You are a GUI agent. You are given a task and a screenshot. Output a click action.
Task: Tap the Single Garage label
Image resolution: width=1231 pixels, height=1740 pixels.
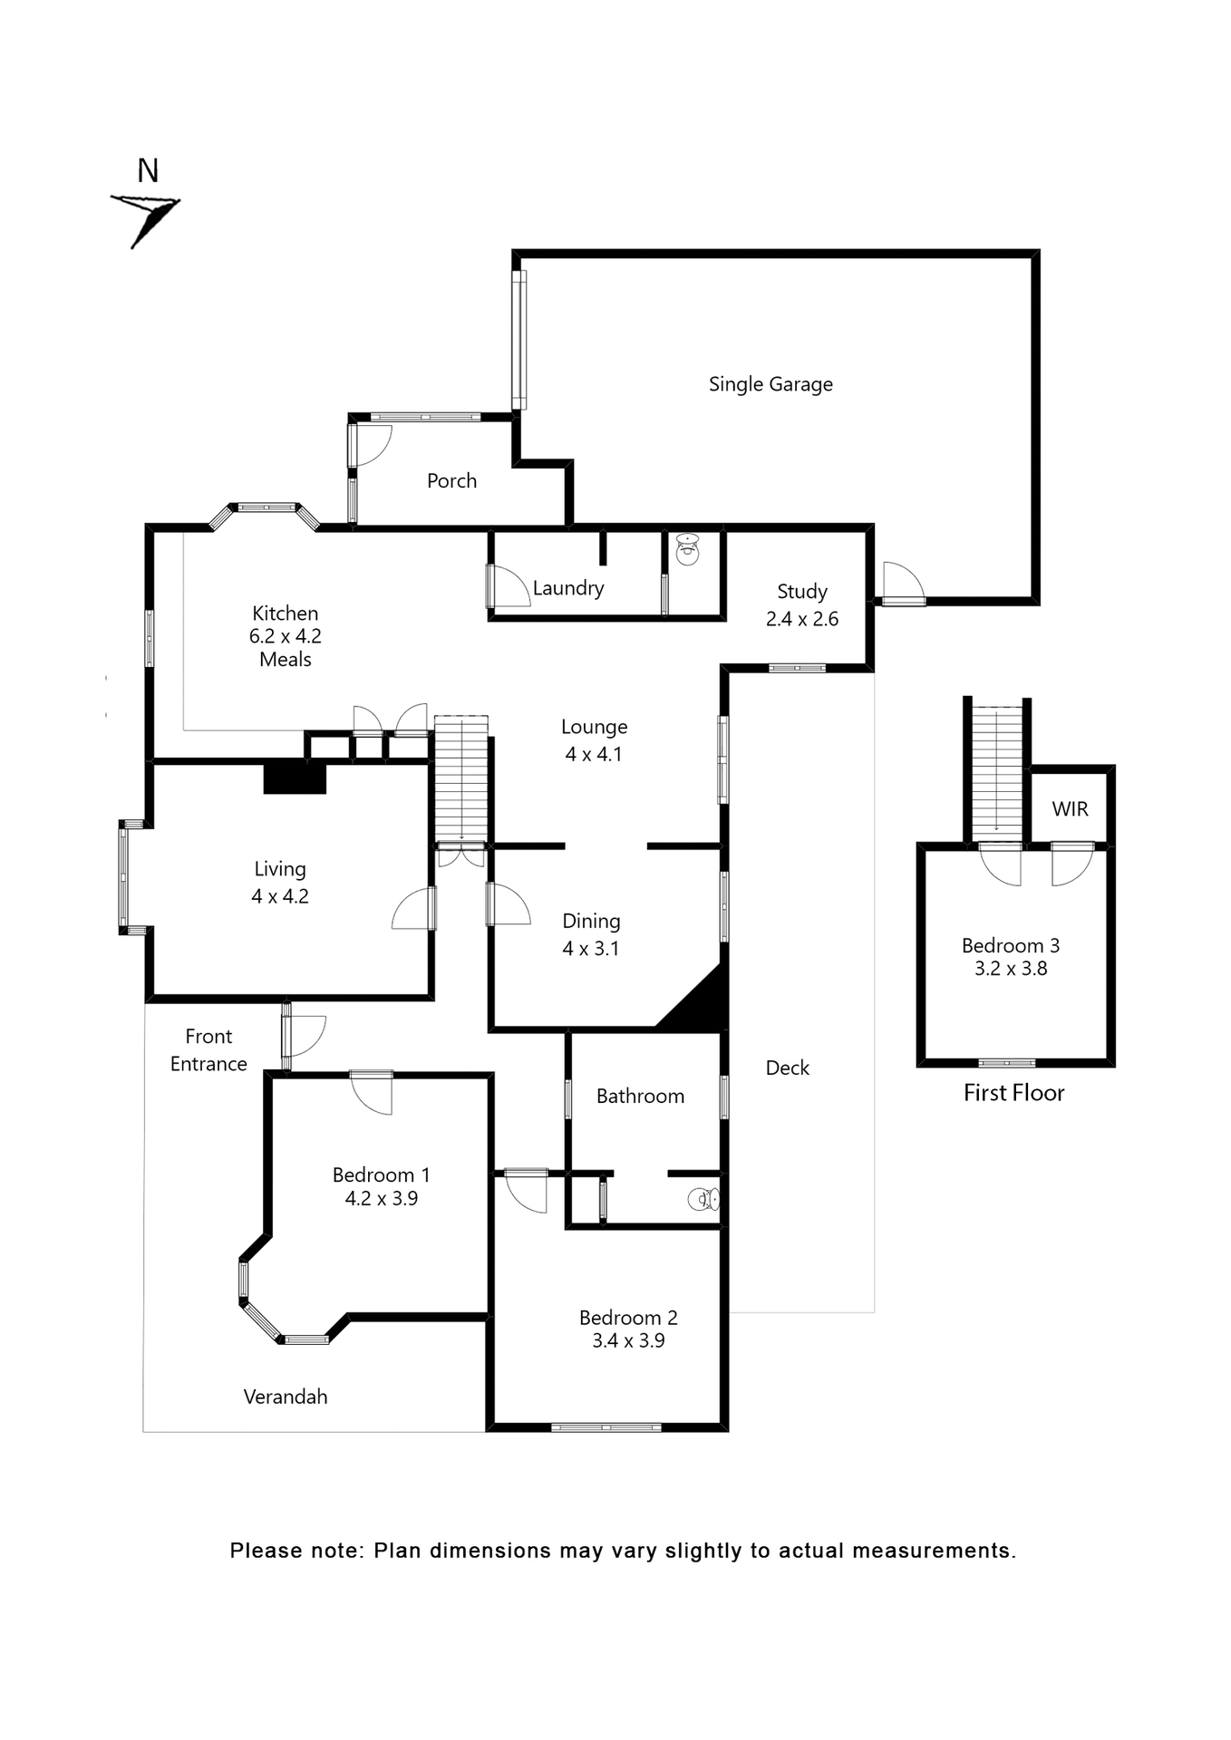pyautogui.click(x=771, y=384)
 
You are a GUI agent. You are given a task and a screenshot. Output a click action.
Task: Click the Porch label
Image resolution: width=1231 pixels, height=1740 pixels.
pyautogui.click(x=451, y=481)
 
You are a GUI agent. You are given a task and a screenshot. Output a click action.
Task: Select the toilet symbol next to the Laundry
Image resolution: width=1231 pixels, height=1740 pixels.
pyautogui.click(x=688, y=549)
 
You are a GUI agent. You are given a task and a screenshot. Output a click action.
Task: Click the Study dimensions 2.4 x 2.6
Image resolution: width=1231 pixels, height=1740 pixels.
pyautogui.click(x=802, y=619)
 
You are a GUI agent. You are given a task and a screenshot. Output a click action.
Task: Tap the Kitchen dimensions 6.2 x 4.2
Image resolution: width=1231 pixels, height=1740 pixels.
pyautogui.click(x=285, y=636)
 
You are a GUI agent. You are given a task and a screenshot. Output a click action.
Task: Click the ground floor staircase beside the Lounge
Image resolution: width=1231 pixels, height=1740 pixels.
pyautogui.click(x=461, y=779)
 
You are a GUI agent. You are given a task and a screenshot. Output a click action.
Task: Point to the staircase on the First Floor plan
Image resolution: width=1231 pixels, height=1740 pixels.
pyautogui.click(x=996, y=770)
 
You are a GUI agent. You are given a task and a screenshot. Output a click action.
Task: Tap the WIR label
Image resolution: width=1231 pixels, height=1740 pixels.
pyautogui.click(x=1070, y=809)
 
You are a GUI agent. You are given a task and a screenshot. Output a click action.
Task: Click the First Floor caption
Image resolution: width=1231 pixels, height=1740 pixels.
pyautogui.click(x=1013, y=1093)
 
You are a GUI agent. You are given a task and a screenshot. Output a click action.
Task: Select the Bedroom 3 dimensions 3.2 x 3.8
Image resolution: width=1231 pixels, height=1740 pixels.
pyautogui.click(x=1011, y=969)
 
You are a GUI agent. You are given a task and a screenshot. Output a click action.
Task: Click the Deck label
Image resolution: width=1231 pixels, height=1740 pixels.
pyautogui.click(x=787, y=1068)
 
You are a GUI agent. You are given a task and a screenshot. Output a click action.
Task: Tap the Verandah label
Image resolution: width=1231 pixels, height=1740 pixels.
pyautogui.click(x=286, y=1397)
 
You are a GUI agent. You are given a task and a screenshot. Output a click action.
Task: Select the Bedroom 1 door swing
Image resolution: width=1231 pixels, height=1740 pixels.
pyautogui.click(x=373, y=1095)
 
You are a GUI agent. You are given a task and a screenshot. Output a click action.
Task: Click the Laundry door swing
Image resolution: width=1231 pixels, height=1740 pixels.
pyautogui.click(x=509, y=587)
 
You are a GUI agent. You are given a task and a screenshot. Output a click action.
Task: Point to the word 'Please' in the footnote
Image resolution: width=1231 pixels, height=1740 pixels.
pyautogui.click(x=265, y=1551)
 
